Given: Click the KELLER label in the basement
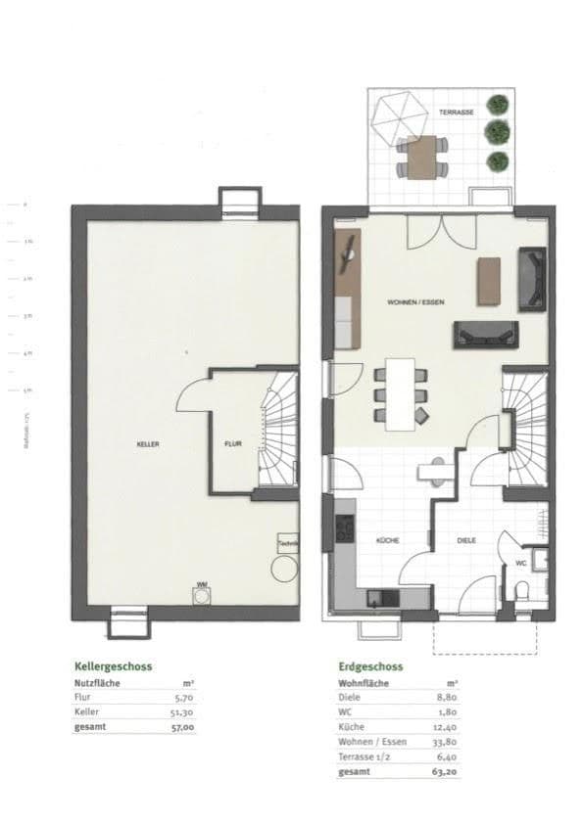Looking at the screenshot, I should click(148, 444).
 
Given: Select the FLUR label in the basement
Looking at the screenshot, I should click(233, 444).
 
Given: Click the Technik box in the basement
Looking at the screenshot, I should click(288, 544).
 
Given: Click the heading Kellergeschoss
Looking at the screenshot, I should click(112, 665).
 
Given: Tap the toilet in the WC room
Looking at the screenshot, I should click(524, 590).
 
